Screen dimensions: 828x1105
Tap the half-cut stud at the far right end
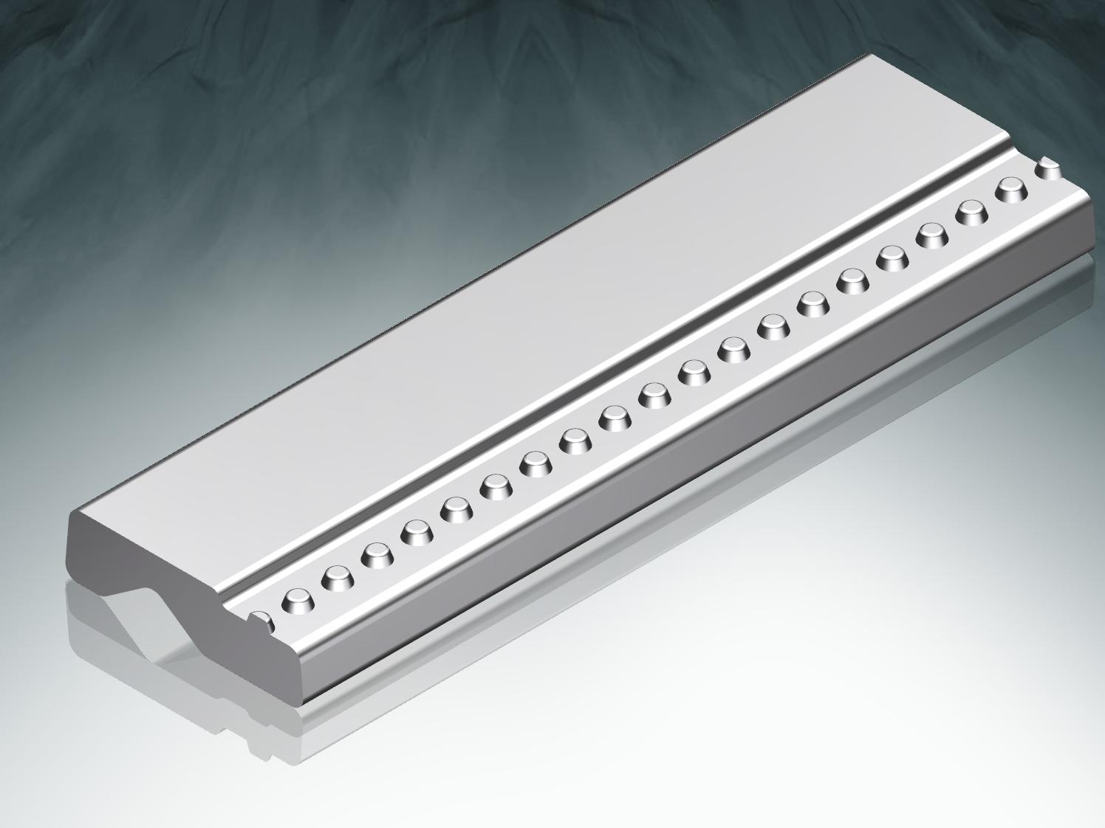click(1049, 170)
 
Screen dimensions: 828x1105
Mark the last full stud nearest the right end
click(1012, 190)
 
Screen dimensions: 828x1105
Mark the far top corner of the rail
click(872, 55)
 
